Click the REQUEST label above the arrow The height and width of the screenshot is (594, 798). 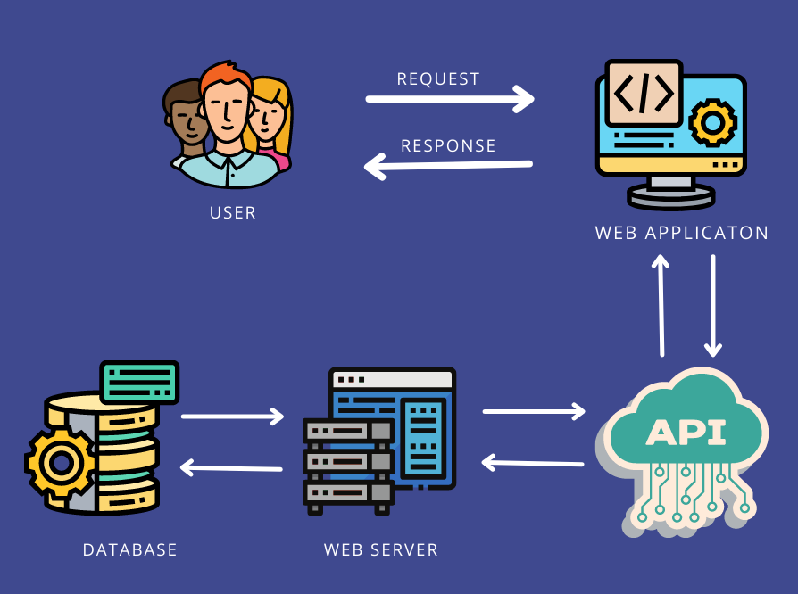pyautogui.click(x=438, y=79)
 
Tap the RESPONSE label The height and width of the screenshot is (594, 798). pyautogui.click(x=448, y=145)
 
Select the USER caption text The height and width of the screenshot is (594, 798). pyautogui.click(x=233, y=213)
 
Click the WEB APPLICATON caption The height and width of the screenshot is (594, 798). pyautogui.click(x=682, y=233)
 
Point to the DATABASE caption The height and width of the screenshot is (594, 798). pyautogui.click(x=130, y=549)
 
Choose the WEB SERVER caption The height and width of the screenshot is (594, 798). pyautogui.click(x=381, y=549)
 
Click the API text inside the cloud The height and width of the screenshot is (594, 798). pyautogui.click(x=686, y=433)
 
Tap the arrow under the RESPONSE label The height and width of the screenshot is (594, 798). pyautogui.click(x=448, y=166)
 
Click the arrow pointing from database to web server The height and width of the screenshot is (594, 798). pyautogui.click(x=232, y=416)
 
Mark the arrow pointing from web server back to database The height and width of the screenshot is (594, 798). pyautogui.click(x=231, y=467)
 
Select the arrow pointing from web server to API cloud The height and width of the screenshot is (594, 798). pyautogui.click(x=534, y=411)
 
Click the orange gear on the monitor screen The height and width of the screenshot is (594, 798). pyautogui.click(x=712, y=122)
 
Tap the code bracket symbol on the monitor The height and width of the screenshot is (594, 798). pyautogui.click(x=644, y=93)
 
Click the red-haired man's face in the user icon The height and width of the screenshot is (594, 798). pyautogui.click(x=225, y=111)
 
